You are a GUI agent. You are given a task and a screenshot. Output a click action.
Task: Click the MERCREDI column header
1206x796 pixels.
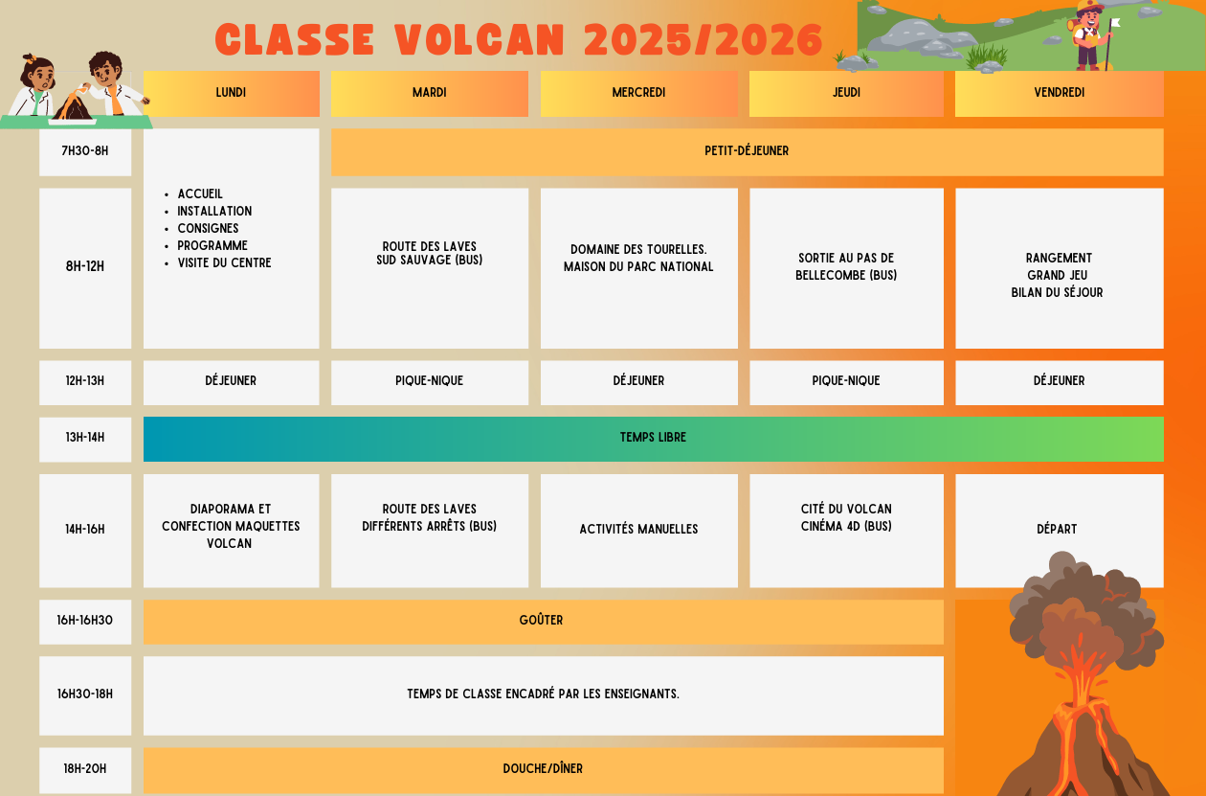[638, 93]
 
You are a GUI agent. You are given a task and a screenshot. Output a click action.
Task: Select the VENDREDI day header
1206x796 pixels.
[1059, 93]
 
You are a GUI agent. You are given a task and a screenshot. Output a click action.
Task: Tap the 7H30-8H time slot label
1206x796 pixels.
[85, 151]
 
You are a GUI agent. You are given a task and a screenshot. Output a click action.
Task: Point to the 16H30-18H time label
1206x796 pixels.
[85, 694]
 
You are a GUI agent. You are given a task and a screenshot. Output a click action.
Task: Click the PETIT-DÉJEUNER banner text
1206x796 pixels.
[747, 151]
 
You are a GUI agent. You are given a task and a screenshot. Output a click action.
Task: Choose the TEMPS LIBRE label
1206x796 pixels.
[653, 437]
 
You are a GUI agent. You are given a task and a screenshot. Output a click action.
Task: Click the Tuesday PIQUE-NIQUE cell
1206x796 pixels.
[429, 381]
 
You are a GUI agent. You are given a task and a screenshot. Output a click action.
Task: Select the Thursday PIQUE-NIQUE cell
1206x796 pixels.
[846, 381]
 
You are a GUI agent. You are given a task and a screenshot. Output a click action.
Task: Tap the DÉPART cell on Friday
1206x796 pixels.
[1059, 530]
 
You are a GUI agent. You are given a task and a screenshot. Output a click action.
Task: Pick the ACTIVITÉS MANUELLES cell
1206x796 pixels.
[638, 530]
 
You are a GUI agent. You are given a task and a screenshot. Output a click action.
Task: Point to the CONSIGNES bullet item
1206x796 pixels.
[208, 229]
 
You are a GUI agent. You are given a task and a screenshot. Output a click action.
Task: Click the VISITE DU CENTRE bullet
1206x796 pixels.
[224, 263]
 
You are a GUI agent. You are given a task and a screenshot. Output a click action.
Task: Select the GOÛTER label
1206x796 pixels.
[541, 621]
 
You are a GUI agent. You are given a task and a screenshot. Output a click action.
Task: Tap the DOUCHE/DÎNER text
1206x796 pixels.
[543, 768]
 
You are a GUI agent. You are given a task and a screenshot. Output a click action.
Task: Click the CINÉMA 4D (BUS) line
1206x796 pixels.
[846, 526]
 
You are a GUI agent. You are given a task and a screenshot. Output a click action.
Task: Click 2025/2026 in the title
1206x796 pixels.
[703, 40]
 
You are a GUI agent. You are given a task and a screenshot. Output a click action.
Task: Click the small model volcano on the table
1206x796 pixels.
[73, 106]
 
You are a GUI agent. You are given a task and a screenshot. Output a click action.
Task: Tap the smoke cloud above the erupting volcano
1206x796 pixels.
[1083, 614]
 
